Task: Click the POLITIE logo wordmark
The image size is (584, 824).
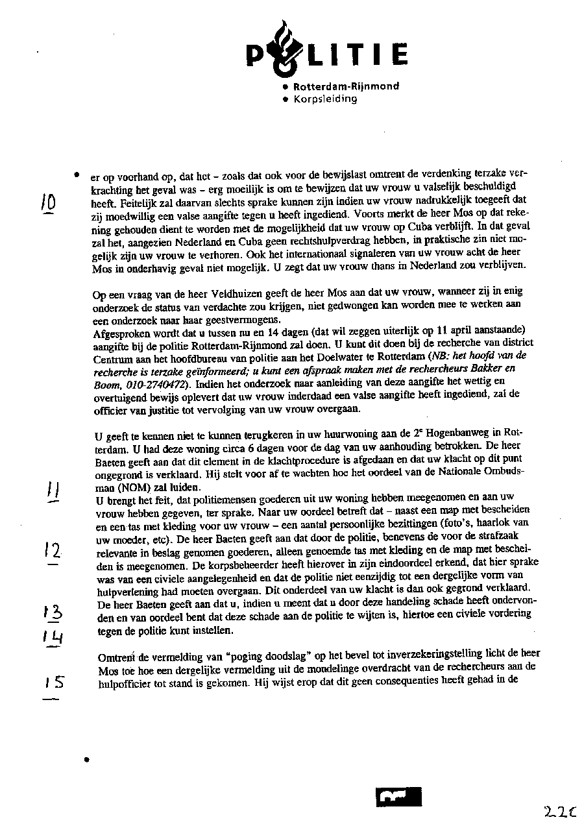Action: click(327, 52)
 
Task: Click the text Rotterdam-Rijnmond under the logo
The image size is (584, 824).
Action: click(346, 86)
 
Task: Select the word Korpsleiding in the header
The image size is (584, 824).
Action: click(325, 99)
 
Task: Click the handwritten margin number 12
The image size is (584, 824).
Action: click(53, 552)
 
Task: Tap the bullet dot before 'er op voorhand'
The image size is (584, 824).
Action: click(77, 175)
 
